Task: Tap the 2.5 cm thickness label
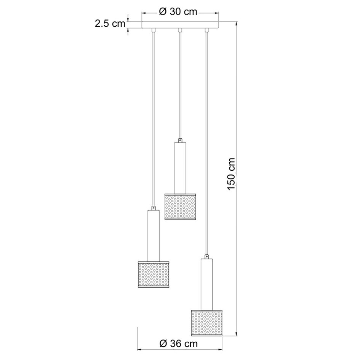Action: click(x=110, y=24)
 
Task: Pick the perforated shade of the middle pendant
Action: click(x=180, y=207)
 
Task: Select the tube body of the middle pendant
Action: click(x=180, y=168)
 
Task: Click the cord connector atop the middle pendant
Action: click(x=180, y=140)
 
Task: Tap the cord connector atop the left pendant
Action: click(x=154, y=208)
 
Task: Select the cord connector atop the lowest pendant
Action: click(x=207, y=256)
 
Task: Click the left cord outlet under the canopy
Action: click(x=154, y=30)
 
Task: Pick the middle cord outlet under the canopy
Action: click(x=180, y=30)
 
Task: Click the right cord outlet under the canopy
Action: click(x=207, y=30)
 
